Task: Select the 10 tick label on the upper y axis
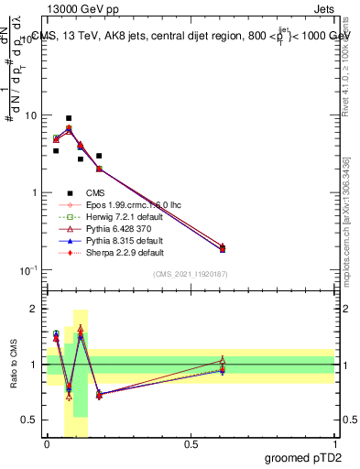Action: click(30, 116)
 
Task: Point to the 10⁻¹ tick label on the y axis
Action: click(28, 269)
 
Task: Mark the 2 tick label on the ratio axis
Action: click(34, 309)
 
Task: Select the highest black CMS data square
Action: click(69, 118)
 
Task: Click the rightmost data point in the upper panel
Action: click(223, 248)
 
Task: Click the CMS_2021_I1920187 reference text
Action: click(191, 274)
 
